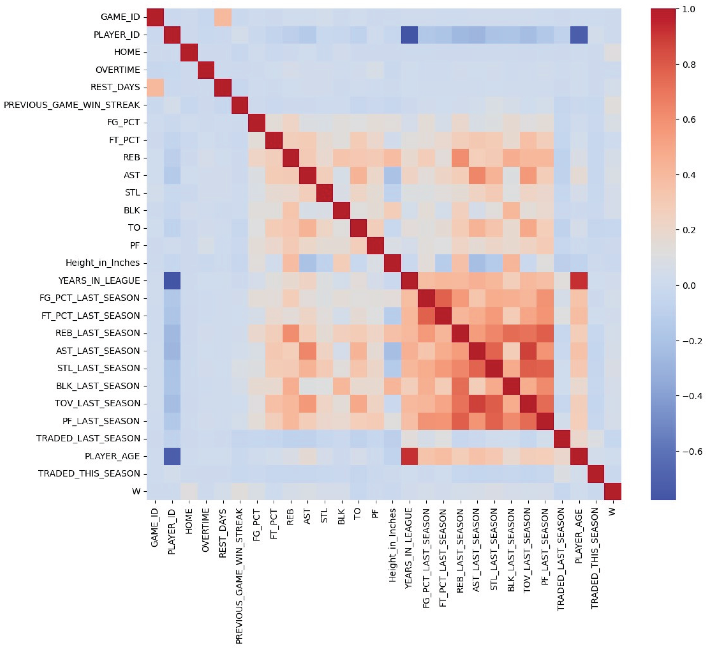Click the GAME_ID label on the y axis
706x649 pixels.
[120, 17]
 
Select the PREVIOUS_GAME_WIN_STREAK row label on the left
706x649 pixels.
[72, 105]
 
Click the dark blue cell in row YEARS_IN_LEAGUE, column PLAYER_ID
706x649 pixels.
[172, 280]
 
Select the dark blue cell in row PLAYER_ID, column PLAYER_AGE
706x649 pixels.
[578, 34]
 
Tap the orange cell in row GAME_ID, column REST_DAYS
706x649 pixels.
[223, 17]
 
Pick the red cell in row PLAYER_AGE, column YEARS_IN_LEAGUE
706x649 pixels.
[409, 456]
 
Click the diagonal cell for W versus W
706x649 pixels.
[612, 491]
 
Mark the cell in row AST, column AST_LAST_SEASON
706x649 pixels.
[477, 175]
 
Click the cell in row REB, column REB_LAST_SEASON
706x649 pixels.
[460, 157]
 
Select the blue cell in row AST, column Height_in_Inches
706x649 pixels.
[392, 175]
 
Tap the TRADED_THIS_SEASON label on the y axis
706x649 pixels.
[89, 474]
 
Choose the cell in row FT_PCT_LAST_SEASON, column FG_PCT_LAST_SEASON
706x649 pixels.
[426, 315]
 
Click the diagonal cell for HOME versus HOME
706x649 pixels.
[189, 52]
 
